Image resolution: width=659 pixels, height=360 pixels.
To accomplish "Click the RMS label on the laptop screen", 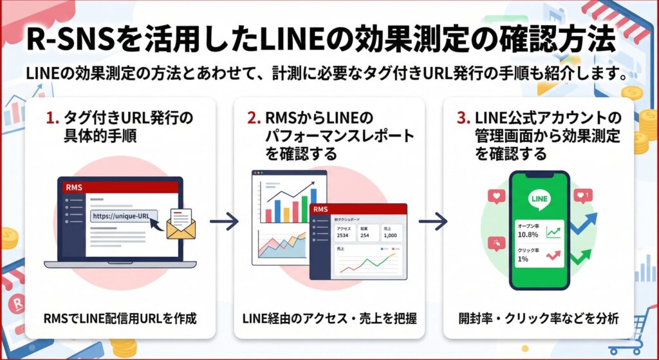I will click(74, 187).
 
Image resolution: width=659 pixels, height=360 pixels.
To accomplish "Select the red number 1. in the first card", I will click(53, 118).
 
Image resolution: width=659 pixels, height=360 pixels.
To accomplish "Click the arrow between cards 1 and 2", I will click(224, 222).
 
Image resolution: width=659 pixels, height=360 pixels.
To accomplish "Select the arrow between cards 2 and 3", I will click(432, 222).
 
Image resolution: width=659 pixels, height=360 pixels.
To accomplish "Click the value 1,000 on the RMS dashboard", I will click(391, 234).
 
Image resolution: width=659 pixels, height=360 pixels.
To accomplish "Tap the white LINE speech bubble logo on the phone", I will click(539, 199).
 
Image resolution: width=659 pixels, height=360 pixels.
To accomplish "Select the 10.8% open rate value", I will click(528, 236).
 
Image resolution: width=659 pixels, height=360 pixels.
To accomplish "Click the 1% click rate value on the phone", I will click(522, 259).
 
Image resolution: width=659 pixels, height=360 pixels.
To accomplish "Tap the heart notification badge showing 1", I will click(583, 194).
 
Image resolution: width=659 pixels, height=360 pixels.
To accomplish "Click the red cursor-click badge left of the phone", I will click(496, 243).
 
